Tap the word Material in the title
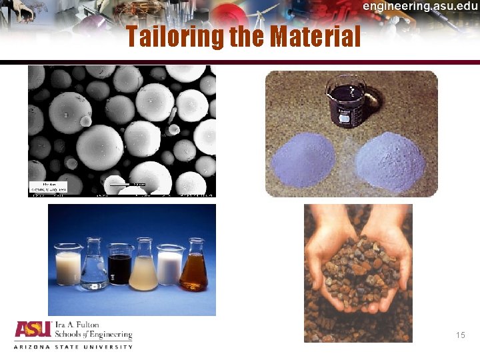pyautogui.click(x=316, y=36)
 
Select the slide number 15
pyautogui.click(x=461, y=335)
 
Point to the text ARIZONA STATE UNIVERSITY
pyautogui.click(x=73, y=347)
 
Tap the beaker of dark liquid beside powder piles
pyautogui.click(x=346, y=100)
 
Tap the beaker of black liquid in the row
pyautogui.click(x=120, y=267)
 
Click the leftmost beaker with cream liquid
pyautogui.click(x=67, y=266)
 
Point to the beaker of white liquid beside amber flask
pyautogui.click(x=170, y=266)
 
